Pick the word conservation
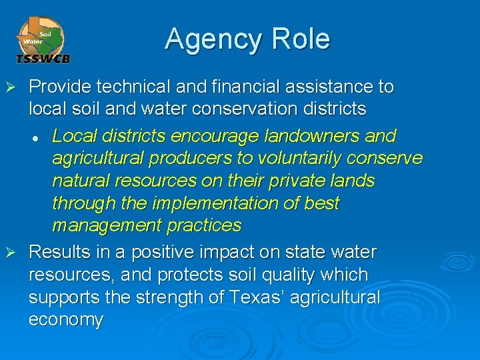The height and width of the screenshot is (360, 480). tap(249, 108)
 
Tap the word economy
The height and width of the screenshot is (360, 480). tap(66, 320)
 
